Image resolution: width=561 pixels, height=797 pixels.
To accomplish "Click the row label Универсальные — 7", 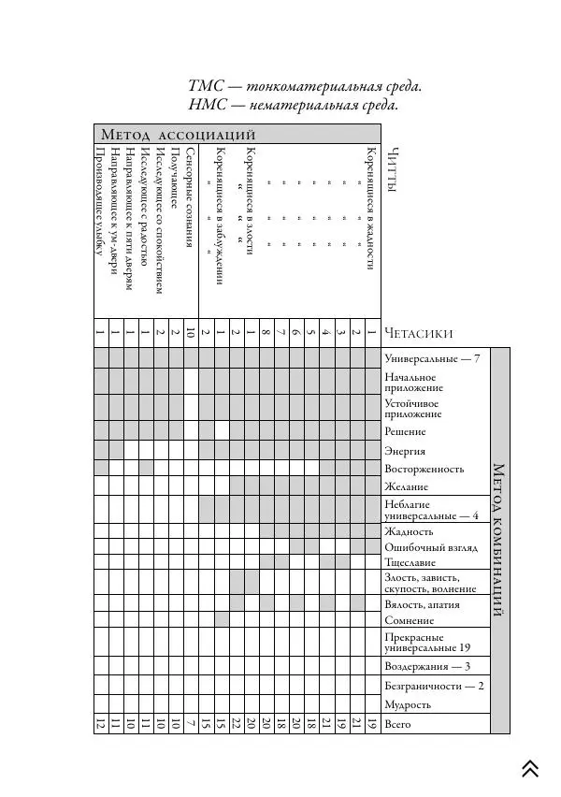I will pos(431,358).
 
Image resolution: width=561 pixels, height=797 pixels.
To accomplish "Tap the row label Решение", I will pos(405,431).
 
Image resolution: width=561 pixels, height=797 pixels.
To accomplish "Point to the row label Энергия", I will pos(405,451).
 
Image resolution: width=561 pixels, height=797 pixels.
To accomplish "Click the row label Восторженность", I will pos(424,469).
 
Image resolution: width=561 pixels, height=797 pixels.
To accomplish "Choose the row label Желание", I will pos(406,486).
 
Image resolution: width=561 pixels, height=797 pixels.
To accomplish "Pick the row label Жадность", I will pos(409,531).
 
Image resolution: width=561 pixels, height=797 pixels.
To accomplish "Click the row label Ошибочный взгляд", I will pos(426,547).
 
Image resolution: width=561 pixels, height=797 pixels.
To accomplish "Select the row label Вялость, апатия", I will pos(422,604).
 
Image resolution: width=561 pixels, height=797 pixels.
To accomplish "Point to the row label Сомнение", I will pos(409,620).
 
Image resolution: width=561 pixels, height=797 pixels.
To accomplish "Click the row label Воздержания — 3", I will pos(427,667).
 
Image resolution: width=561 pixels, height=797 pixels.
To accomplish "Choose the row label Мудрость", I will pos(408,704).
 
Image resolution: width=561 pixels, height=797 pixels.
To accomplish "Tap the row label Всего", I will pos(398,724).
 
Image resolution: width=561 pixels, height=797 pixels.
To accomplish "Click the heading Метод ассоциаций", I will pos(178,135).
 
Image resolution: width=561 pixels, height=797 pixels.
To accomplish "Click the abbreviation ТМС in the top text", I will pos(206,87).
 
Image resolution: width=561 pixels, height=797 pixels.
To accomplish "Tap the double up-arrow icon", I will pos(530,768).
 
